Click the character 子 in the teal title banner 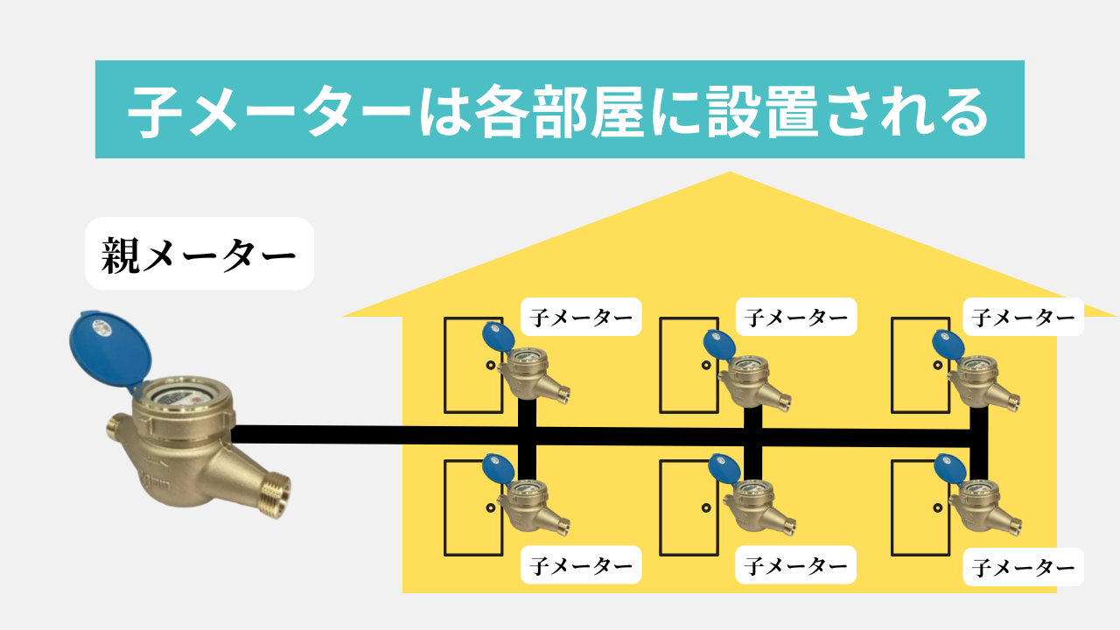click(156, 111)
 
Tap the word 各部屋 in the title click(559, 111)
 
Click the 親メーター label click(199, 254)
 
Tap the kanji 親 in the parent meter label click(121, 255)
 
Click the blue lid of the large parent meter click(110, 350)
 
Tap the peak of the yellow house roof click(730, 172)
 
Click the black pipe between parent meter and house click(317, 435)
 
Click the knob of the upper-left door click(491, 366)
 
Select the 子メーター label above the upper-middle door click(796, 317)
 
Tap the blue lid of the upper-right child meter click(948, 345)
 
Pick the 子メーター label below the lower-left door click(581, 565)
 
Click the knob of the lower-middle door click(706, 508)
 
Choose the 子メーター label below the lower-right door click(1024, 568)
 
